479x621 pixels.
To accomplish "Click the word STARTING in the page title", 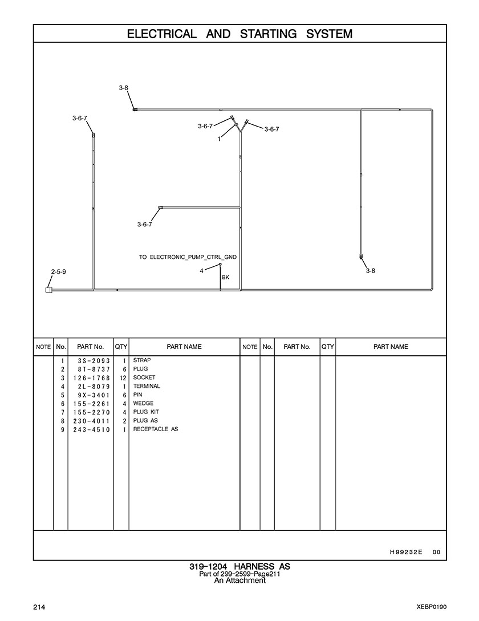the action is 268,34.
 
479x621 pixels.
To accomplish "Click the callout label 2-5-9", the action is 59,272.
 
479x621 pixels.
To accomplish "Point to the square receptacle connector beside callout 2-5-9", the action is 48,290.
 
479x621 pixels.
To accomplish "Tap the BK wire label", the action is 225,277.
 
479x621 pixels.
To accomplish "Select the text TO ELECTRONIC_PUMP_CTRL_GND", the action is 188,257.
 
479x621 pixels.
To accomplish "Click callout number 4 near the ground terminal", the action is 202,271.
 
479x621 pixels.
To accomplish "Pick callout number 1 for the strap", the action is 219,139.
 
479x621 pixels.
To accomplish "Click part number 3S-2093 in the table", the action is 94,361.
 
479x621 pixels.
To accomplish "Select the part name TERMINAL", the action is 147,386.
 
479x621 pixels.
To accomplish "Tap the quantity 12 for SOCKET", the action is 123,378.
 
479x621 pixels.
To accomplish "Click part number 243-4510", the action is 91,430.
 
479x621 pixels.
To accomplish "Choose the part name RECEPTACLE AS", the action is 156,429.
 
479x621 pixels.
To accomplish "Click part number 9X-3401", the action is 94,395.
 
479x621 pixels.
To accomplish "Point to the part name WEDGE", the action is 143,403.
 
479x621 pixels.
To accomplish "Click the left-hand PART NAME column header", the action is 184,347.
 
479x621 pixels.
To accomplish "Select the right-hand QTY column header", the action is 328,347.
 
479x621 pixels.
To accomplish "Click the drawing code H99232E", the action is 406,552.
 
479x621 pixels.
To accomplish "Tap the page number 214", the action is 39,607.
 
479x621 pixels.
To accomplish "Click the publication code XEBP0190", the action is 432,607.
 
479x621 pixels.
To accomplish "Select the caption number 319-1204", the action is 208,567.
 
